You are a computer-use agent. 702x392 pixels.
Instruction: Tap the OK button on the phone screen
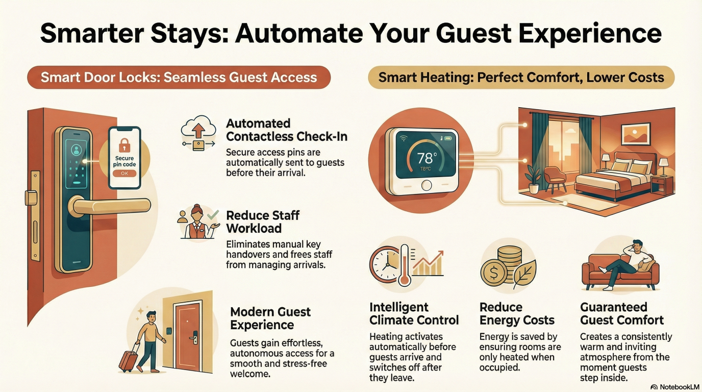click(x=124, y=173)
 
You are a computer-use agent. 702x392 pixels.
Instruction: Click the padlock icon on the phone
click(x=124, y=143)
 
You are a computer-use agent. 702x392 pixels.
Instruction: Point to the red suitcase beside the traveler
click(x=128, y=357)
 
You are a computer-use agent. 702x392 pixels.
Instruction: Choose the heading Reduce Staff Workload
click(x=262, y=222)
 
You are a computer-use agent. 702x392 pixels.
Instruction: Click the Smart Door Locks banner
click(x=179, y=78)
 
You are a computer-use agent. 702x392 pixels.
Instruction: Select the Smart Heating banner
click(x=521, y=78)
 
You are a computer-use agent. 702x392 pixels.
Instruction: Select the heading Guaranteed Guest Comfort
click(x=622, y=314)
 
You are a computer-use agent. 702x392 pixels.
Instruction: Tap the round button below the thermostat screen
click(x=426, y=186)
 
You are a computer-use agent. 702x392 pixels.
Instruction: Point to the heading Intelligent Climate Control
click(x=414, y=314)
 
